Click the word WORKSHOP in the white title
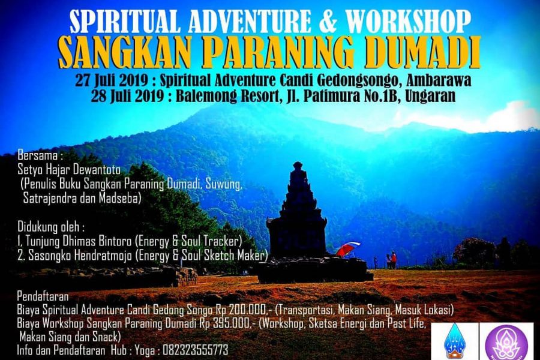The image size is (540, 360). click(409, 22)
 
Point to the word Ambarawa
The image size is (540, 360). click(439, 80)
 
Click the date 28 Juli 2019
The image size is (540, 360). click(127, 96)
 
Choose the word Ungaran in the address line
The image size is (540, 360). click(430, 97)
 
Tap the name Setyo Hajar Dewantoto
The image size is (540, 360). click(69, 170)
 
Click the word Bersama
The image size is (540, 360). click(38, 156)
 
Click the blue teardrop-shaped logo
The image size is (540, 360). click(454, 341)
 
